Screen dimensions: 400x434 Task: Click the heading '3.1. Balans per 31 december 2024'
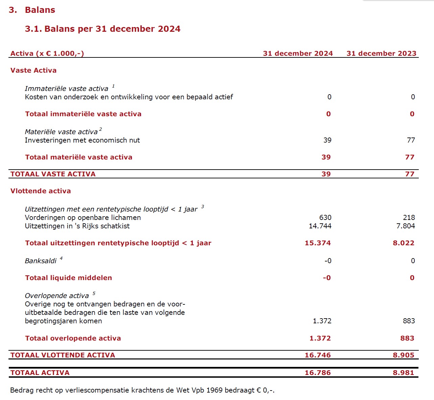pyautogui.click(x=102, y=29)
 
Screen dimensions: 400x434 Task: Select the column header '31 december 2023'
pyautogui.click(x=381, y=53)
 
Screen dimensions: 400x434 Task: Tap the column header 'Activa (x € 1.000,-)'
pyautogui.click(x=47, y=53)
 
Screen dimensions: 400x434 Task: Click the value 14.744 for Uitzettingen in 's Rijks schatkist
pyautogui.click(x=320, y=226)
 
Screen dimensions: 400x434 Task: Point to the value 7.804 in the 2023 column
pyautogui.click(x=406, y=226)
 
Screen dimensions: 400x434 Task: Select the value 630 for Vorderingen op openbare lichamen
pyautogui.click(x=325, y=218)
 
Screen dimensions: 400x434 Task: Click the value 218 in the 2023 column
pyautogui.click(x=409, y=218)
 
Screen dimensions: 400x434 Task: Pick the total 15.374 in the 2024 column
pyautogui.click(x=318, y=243)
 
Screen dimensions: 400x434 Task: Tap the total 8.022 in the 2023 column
pyautogui.click(x=404, y=243)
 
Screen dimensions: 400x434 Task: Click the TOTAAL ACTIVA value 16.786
pyautogui.click(x=318, y=373)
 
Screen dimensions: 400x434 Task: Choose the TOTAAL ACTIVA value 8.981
pyautogui.click(x=404, y=373)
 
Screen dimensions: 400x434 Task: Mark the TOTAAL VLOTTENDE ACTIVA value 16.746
pyautogui.click(x=318, y=355)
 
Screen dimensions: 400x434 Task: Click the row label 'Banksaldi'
pyautogui.click(x=41, y=261)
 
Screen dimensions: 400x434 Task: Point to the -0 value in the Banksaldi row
pyautogui.click(x=328, y=261)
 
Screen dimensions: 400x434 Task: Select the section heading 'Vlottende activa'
pyautogui.click(x=41, y=191)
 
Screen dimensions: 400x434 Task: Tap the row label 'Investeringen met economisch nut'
pyautogui.click(x=82, y=140)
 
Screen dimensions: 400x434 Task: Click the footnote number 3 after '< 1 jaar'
pyautogui.click(x=203, y=207)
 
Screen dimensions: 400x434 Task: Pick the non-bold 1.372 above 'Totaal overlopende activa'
pyautogui.click(x=322, y=321)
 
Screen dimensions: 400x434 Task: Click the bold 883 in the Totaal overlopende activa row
pyautogui.click(x=407, y=338)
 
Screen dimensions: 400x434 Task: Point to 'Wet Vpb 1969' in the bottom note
pyautogui.click(x=199, y=390)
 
